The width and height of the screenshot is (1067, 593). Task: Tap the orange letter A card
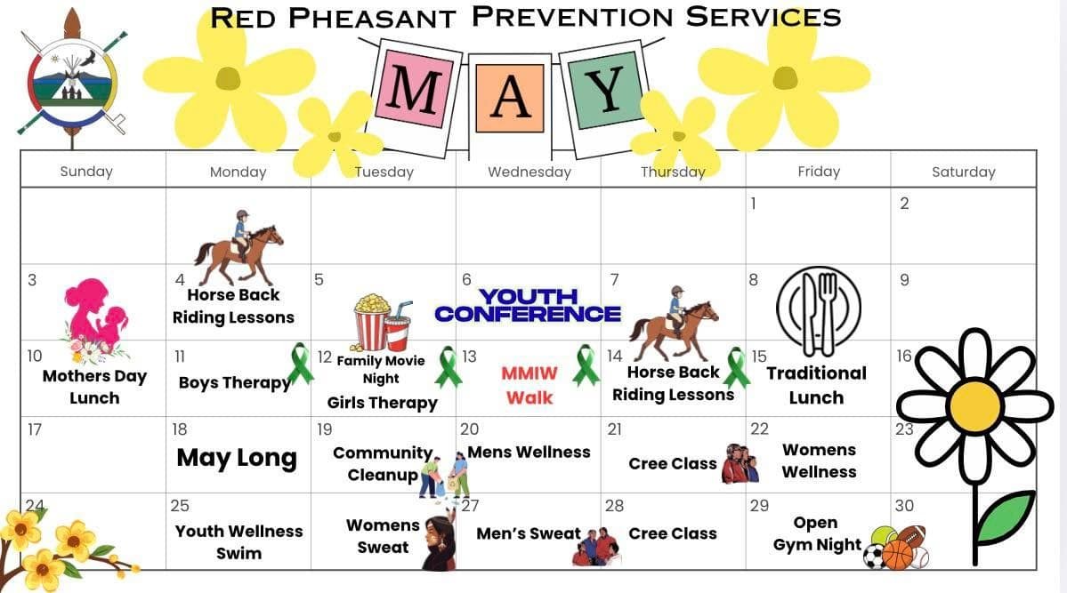[x=510, y=98]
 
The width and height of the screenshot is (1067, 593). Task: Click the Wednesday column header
[x=529, y=172]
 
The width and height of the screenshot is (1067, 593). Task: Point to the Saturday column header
[x=964, y=172]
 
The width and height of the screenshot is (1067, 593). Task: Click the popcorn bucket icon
[x=372, y=321]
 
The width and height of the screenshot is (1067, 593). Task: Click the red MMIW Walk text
[x=529, y=385]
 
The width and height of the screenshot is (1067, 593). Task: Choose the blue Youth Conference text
[x=528, y=305]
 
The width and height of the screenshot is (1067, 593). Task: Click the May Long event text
[x=237, y=459]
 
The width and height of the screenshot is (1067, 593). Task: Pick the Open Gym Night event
[x=817, y=533]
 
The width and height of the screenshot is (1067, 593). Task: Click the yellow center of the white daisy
[x=975, y=405]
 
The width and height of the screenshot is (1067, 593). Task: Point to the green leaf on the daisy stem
[x=1006, y=517]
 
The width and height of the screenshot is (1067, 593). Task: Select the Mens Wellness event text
[x=529, y=453]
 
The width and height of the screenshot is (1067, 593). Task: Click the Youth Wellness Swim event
[x=238, y=542]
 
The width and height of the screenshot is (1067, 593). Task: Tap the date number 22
[x=759, y=429]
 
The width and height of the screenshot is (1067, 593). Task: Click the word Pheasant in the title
[x=372, y=19]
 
